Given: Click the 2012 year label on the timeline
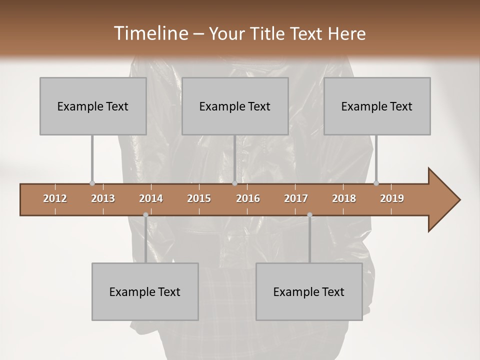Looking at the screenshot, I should coord(55,198).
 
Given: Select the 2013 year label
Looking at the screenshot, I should coord(103,198).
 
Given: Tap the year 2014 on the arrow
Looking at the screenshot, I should coord(151,198).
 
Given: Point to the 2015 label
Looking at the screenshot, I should coord(199,198).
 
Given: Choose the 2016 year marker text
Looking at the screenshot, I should coord(248,198).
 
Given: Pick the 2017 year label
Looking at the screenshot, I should coord(296,198).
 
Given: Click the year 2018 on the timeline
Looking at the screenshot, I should coord(344,198).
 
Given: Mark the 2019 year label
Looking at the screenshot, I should coord(392,198).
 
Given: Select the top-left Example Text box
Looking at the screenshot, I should coord(93,106).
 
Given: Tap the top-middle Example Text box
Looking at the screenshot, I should coord(235,106).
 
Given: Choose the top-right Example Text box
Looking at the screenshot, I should coord(377,106).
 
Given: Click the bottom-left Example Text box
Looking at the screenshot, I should coord(145,291).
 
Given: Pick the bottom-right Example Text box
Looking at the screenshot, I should coord(309,291).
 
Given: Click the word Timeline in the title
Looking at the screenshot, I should coord(150,33).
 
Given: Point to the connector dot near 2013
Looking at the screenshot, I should coord(92,183).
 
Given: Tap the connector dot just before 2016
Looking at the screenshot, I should coord(235,183).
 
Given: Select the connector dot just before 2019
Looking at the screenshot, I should coord(376,183).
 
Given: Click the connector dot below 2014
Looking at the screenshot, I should coord(145,215).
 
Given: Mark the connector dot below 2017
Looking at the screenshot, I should coord(309,215).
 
